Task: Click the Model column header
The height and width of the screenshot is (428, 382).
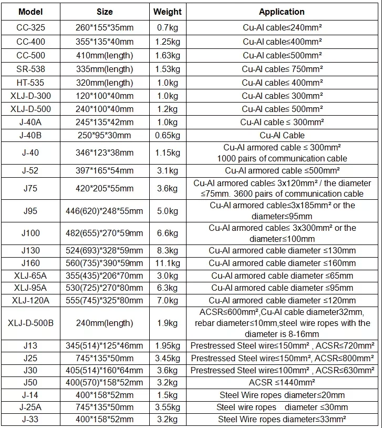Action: coord(30,12)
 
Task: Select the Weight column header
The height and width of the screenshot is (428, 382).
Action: coord(167,12)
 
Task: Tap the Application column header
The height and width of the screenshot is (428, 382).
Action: coord(282,12)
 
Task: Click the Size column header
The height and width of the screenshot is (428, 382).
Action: coord(105,12)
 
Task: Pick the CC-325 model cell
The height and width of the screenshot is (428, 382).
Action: coord(30,28)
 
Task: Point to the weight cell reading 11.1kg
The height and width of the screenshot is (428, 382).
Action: coord(167,263)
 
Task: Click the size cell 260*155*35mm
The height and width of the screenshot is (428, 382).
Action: coord(105,28)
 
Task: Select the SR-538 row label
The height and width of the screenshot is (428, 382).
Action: coord(30,69)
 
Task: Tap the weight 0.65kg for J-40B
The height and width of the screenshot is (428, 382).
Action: coord(167,135)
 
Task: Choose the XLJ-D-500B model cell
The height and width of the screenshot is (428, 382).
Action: coord(30,323)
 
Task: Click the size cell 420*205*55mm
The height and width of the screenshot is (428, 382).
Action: coord(105,188)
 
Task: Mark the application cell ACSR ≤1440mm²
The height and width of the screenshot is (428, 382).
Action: coord(282,382)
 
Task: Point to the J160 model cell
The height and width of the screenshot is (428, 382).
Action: coord(30,263)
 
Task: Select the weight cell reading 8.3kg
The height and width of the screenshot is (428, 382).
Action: coord(167,251)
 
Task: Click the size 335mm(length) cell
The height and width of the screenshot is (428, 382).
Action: coord(105,69)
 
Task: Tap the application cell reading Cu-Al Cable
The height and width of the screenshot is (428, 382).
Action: coord(282,135)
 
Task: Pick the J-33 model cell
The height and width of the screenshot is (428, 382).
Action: coord(30,420)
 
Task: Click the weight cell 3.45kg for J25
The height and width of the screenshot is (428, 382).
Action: coord(167,358)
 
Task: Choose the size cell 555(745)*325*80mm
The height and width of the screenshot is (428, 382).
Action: coord(105,300)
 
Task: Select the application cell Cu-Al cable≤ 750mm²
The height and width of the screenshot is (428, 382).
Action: coord(282,69)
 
